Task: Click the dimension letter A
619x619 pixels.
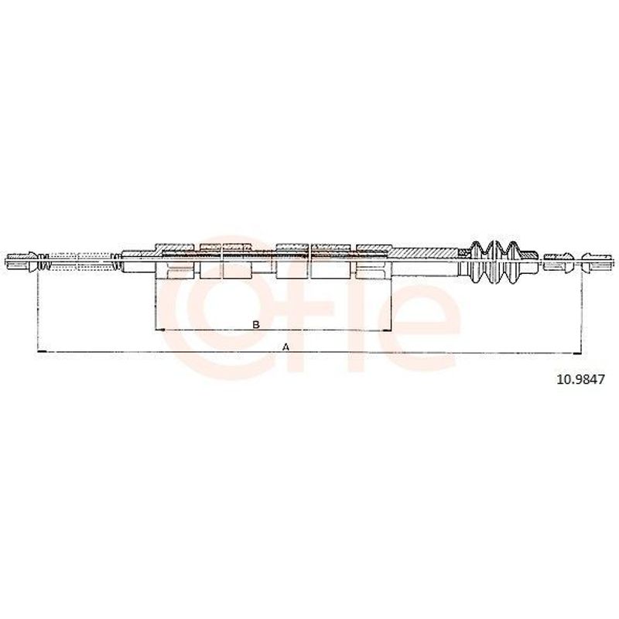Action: pyautogui.click(x=286, y=347)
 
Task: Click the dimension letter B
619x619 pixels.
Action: pyautogui.click(x=256, y=324)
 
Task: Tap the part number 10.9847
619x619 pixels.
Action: pyautogui.click(x=580, y=380)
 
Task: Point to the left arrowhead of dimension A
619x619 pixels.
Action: pyautogui.click(x=42, y=351)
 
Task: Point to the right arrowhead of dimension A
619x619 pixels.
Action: pyautogui.click(x=577, y=354)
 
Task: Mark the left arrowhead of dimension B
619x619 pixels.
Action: pyautogui.click(x=161, y=330)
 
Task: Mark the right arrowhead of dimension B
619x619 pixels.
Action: pyautogui.click(x=385, y=330)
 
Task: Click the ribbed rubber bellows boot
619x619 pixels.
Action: pyautogui.click(x=502, y=262)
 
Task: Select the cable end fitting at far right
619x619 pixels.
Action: pyautogui.click(x=597, y=262)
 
